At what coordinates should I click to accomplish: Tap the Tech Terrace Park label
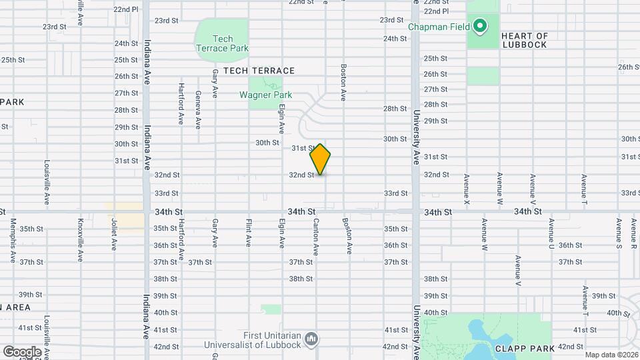[222, 43]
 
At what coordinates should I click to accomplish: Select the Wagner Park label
[265, 95]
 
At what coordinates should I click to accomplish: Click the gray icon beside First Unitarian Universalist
[311, 341]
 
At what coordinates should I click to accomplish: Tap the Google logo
[21, 351]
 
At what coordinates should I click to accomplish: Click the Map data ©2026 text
[611, 355]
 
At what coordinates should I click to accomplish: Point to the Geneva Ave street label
[198, 108]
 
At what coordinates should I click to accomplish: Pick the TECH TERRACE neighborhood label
[259, 71]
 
